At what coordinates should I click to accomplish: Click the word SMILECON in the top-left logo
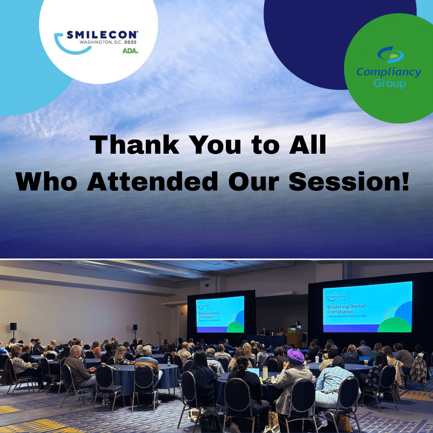(102, 35)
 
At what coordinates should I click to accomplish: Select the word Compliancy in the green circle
(389, 72)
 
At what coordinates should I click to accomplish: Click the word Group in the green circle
(390, 84)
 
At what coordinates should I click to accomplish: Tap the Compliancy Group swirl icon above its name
(390, 55)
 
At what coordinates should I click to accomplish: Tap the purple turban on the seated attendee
(296, 356)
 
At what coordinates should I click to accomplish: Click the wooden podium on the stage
(294, 337)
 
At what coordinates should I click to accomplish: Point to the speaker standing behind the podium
(298, 325)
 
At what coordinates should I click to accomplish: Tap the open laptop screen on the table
(253, 372)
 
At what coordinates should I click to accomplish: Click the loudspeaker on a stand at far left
(13, 327)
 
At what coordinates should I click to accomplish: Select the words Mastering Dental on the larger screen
(346, 306)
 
